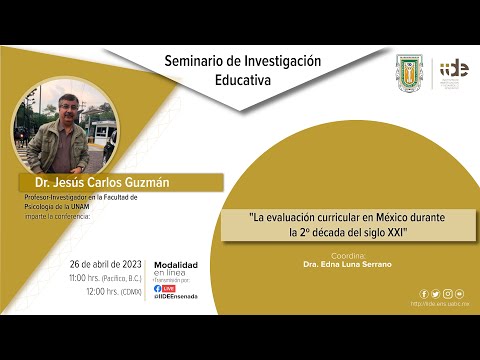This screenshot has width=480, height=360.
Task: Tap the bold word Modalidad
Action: coord(175,264)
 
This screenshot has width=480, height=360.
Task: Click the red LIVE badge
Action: coord(169,288)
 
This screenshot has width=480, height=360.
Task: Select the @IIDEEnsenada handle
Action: coord(176,297)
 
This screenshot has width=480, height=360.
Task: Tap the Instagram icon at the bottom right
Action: coord(447,294)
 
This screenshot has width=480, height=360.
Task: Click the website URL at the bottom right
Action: coord(441,304)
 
